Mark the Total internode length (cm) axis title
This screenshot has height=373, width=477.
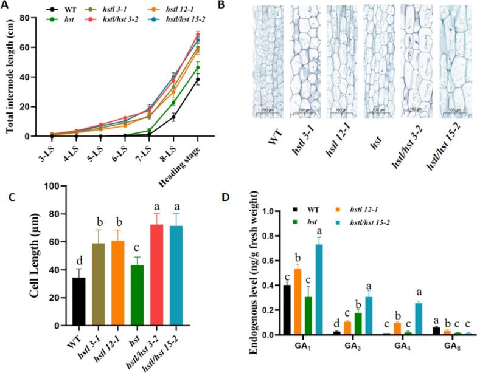pos(10,76)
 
